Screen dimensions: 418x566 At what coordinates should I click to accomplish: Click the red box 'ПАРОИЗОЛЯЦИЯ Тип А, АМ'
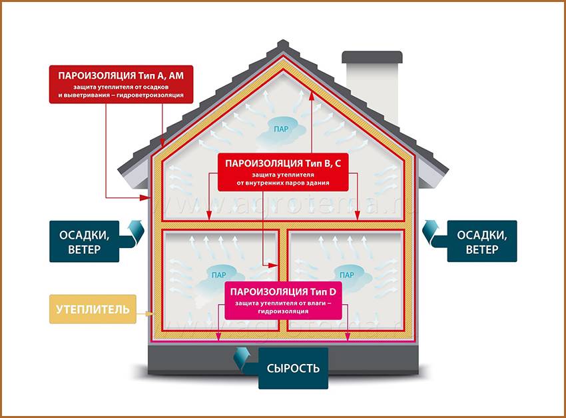tap(122, 84)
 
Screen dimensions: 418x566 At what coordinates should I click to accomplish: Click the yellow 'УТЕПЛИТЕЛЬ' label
tap(93, 309)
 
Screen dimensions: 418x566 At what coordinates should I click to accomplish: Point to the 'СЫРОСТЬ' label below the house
tap(294, 368)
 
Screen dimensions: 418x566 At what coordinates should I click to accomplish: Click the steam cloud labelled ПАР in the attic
tap(280, 125)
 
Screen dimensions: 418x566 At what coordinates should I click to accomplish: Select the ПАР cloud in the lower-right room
tap(346, 273)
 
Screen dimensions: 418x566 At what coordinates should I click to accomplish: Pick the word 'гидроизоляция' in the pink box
tap(283, 311)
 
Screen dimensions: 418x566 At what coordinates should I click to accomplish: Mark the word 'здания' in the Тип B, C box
tap(316, 183)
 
